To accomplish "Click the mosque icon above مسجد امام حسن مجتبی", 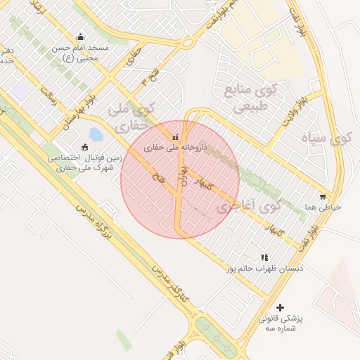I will click(x=81, y=37).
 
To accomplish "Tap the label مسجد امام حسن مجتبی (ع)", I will click(x=79, y=53).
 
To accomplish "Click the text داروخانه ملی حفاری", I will click(x=174, y=148).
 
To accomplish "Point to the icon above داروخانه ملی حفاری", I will click(x=175, y=137).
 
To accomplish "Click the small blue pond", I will click(x=96, y=134).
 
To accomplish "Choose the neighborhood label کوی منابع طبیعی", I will click(x=250, y=98).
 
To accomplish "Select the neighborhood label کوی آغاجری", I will click(x=248, y=207).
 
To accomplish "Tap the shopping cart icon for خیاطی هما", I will click(x=323, y=197).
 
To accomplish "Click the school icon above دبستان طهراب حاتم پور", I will click(x=264, y=258).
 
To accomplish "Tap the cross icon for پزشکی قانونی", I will click(x=281, y=307).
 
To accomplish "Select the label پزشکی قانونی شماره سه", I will click(x=281, y=323).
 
